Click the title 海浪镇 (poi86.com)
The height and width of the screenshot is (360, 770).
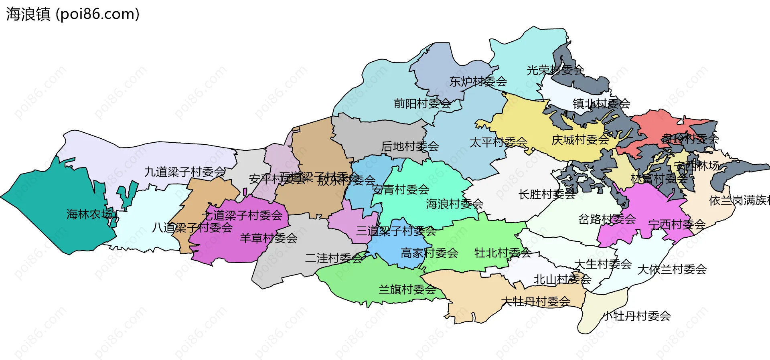click(73, 14)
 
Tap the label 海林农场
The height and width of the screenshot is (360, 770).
click(89, 214)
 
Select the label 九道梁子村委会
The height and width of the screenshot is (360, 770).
click(185, 172)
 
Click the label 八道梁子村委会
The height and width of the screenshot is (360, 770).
click(192, 228)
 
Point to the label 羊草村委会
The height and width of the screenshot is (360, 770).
click(268, 238)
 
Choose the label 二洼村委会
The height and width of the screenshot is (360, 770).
click(334, 258)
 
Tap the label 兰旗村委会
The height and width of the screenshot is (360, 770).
click(407, 289)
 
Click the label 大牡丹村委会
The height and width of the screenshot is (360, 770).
click(535, 301)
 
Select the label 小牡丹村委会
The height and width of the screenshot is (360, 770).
click(637, 316)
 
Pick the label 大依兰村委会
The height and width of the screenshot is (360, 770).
click(672, 269)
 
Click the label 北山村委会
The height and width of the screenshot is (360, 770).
click(562, 279)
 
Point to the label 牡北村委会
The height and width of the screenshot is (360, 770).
click(503, 253)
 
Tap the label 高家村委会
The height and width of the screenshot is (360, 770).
click(429, 253)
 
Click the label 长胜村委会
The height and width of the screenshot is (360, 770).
click(547, 194)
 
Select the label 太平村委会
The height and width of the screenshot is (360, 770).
click(498, 142)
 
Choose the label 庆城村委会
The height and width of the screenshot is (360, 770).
click(580, 140)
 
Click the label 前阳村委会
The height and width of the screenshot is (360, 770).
click(422, 104)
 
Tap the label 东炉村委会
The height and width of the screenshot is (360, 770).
click(478, 82)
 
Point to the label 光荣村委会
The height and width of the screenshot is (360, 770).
click(555, 71)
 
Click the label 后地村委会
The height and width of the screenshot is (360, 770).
click(410, 147)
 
